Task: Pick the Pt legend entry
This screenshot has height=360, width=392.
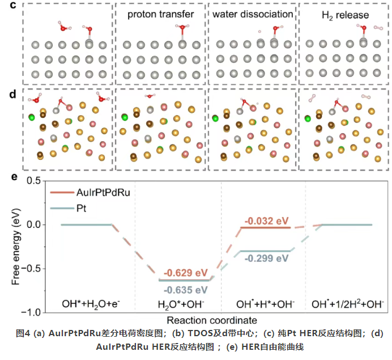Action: point(81,208)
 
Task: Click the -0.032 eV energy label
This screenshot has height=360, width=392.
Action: point(265,219)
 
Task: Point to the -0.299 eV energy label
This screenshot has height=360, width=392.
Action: point(264,258)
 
